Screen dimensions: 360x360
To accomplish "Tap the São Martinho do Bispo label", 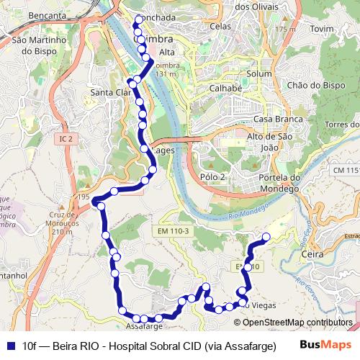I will [x=43, y=45].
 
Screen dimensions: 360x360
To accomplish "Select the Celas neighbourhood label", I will [x=221, y=26].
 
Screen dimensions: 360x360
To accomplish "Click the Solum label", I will [x=258, y=73].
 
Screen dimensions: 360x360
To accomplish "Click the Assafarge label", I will [x=145, y=325].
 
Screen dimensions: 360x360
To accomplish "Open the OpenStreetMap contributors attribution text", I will [x=297, y=322].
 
